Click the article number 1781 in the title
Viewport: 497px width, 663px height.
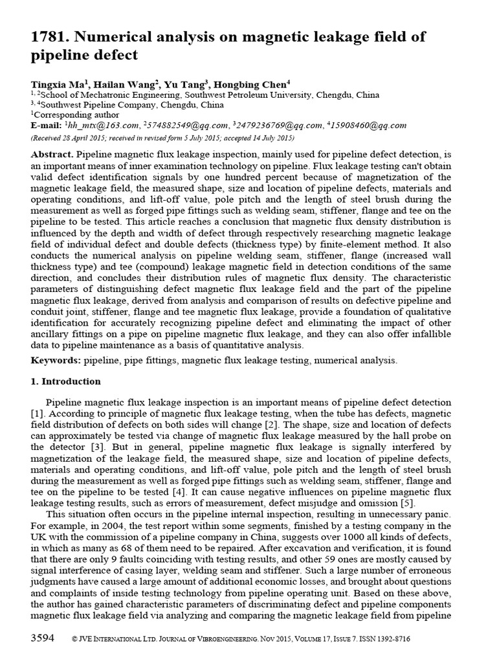pyautogui.click(x=49, y=37)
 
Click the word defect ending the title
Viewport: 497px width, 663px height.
pyautogui.click(x=113, y=55)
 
